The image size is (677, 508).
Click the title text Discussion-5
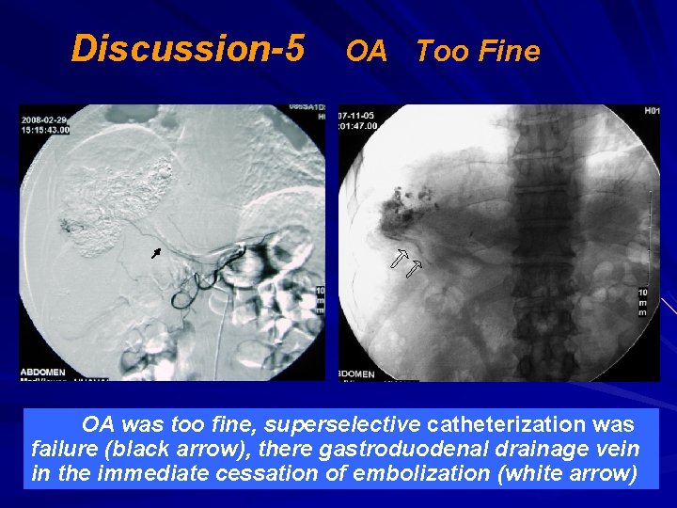point(187,48)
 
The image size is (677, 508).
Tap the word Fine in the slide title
point(509,51)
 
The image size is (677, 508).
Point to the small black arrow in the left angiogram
point(156,253)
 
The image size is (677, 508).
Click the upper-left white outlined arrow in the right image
point(400,258)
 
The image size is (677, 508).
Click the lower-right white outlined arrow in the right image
point(415,271)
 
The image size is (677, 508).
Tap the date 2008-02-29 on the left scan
point(44,120)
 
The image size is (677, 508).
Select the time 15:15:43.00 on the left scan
point(45,130)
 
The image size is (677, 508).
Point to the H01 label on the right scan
point(651,113)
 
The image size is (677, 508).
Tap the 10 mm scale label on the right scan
point(643,302)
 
